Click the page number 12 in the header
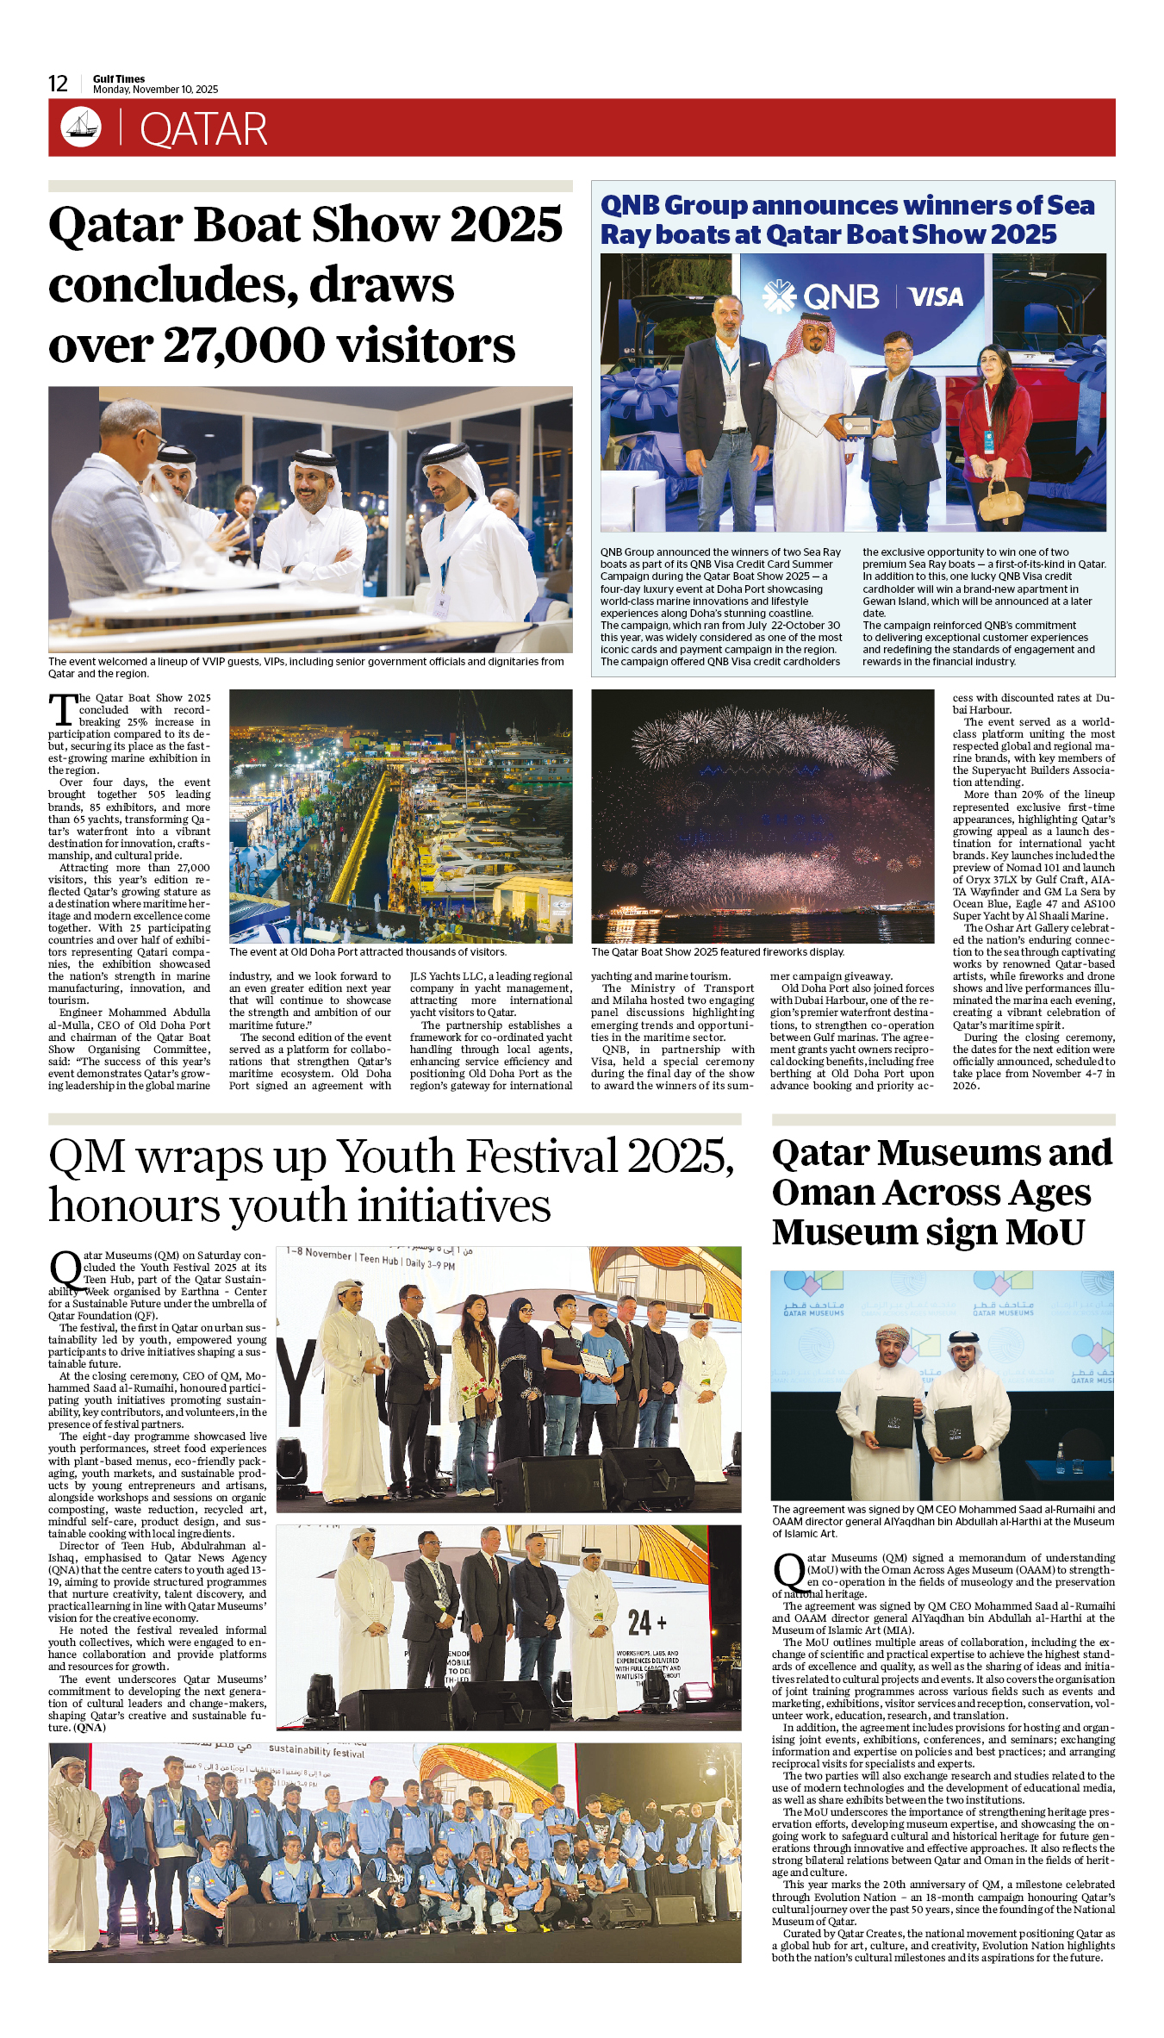(58, 84)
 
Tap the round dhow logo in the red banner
(81, 127)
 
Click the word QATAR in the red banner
(203, 130)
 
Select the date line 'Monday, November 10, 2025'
(155, 90)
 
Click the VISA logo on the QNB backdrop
(936, 297)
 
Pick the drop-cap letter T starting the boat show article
(63, 710)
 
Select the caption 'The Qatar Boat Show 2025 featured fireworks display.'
(718, 952)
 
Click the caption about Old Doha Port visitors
(368, 952)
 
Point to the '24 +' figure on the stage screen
(646, 1623)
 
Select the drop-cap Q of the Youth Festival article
(65, 1270)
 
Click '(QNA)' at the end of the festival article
(90, 1728)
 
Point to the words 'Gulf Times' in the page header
(119, 78)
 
